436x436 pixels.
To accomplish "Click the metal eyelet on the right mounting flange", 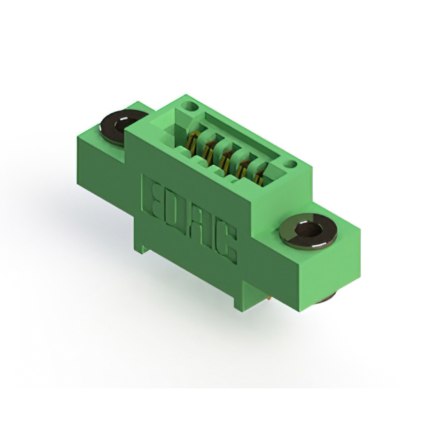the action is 308,230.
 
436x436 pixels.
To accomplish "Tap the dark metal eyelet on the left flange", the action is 123,127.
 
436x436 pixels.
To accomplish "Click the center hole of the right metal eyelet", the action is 309,230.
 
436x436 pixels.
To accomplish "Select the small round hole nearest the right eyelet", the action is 291,164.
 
